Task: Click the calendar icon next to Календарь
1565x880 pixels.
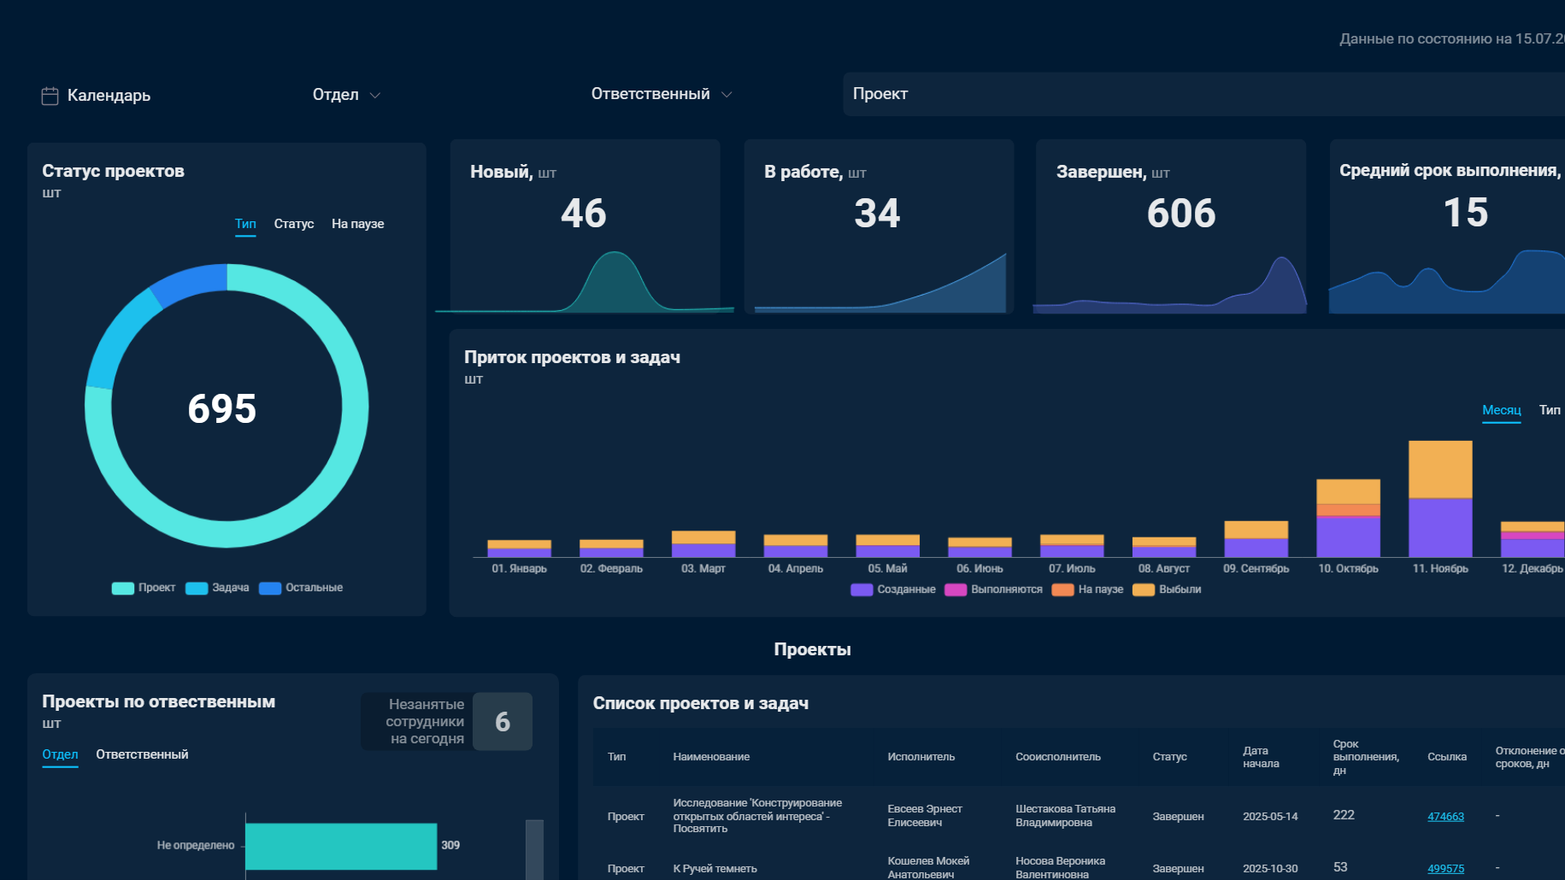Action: pos(50,96)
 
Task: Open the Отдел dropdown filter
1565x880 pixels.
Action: pos(346,95)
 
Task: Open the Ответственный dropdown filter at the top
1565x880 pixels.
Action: pos(662,94)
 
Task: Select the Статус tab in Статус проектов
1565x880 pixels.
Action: pos(294,224)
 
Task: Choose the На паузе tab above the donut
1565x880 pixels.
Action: pos(357,224)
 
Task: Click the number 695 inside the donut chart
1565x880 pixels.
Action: pos(222,408)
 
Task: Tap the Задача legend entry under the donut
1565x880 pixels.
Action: pos(218,588)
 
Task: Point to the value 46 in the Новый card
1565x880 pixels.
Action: pos(584,213)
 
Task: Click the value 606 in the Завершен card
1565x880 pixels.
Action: pos(1181,213)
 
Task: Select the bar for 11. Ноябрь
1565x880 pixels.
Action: pos(1440,499)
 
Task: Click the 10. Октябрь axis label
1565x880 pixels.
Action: pos(1348,569)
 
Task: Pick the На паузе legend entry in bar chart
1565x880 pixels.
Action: pos(1087,590)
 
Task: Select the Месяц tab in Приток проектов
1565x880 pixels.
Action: pos(1502,410)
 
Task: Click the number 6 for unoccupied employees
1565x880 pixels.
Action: pos(503,722)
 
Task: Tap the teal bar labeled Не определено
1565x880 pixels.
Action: pos(341,846)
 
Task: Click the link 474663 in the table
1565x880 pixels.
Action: pos(1445,817)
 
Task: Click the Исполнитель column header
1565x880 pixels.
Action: pos(921,757)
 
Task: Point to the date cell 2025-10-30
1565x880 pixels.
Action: pos(1270,869)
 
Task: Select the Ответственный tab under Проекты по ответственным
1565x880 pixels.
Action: pos(142,754)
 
